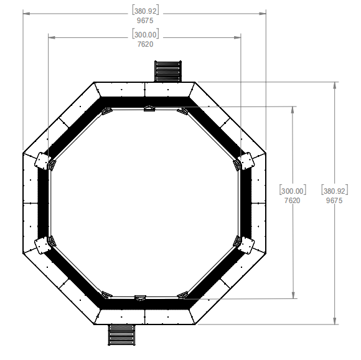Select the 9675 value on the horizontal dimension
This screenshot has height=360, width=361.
click(144, 21)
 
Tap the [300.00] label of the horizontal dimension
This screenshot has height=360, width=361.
click(144, 35)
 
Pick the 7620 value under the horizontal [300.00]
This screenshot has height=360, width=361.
click(144, 44)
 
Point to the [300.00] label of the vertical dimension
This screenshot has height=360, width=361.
click(293, 191)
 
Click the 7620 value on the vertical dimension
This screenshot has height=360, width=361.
click(293, 201)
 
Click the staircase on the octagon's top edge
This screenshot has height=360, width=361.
click(167, 70)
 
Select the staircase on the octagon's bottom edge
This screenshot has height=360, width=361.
click(122, 335)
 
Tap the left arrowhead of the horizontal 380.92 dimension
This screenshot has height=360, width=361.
click(27, 13)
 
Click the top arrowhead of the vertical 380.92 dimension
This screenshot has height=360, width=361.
click(335, 85)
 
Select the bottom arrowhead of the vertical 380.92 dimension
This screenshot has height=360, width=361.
click(335, 320)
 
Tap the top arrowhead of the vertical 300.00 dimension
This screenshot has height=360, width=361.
click(293, 110)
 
